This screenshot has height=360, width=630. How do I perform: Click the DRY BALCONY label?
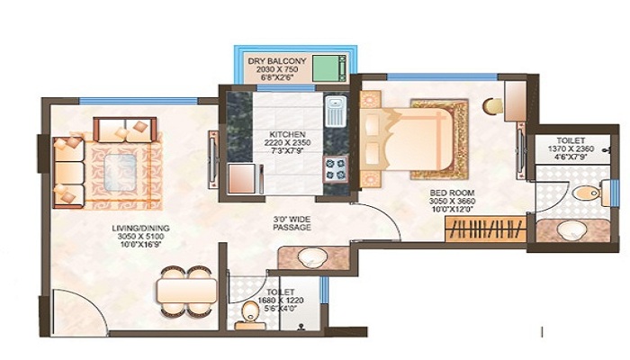pyautogui.click(x=277, y=61)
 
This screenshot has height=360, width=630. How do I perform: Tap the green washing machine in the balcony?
pyautogui.click(x=329, y=67)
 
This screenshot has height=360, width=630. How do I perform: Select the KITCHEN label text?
pyautogui.click(x=287, y=134)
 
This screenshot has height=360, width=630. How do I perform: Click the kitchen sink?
pyautogui.click(x=336, y=111)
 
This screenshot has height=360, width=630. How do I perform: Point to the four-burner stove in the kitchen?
pyautogui.click(x=336, y=169)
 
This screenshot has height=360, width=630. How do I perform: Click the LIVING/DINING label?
pyautogui.click(x=140, y=229)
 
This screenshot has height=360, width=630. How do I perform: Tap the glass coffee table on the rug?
pyautogui.click(x=120, y=172)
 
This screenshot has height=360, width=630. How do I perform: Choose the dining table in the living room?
pyautogui.click(x=187, y=291)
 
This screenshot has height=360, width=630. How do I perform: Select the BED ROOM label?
pyautogui.click(x=452, y=193)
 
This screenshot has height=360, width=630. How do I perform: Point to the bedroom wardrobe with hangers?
pyautogui.click(x=486, y=229)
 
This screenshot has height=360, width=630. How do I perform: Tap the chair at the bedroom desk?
pyautogui.click(x=493, y=105)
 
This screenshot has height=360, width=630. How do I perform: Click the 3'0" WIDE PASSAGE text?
pyautogui.click(x=292, y=223)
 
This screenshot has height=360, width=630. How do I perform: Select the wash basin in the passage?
pyautogui.click(x=311, y=257)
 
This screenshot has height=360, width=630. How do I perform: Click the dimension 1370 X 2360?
pyautogui.click(x=571, y=148)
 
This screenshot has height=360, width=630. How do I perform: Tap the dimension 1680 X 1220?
pyautogui.click(x=281, y=300)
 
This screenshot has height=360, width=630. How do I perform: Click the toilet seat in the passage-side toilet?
pyautogui.click(x=251, y=312)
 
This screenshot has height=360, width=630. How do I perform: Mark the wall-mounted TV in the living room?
pyautogui.click(x=213, y=158)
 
